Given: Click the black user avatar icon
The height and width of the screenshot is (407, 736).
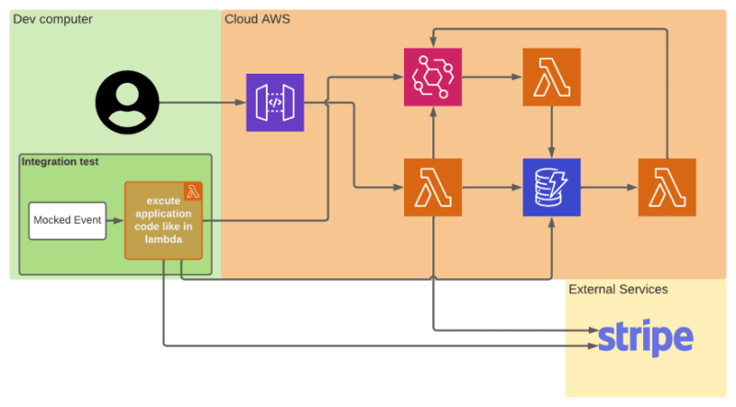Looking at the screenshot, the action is click(127, 102).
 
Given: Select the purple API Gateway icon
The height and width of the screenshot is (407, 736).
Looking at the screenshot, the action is click(275, 102).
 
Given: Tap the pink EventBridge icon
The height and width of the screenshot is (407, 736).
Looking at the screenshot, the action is click(432, 77).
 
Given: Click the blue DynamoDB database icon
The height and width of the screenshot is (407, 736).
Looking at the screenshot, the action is click(551, 188).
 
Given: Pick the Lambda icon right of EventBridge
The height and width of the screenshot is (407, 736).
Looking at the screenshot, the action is click(551, 77).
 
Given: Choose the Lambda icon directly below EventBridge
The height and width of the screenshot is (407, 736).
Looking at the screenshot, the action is click(432, 188).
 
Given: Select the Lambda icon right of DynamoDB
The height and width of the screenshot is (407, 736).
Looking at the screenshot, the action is click(667, 188).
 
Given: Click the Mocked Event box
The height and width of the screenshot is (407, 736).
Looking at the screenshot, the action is click(67, 221).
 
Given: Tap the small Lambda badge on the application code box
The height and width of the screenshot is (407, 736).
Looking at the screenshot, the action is click(193, 192).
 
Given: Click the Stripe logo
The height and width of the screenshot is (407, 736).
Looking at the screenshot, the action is click(646, 338).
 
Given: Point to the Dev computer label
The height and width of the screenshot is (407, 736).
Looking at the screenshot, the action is click(52, 19).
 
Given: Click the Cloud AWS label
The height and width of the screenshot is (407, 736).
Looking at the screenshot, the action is click(258, 19).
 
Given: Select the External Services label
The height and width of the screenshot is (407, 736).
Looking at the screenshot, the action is click(618, 289).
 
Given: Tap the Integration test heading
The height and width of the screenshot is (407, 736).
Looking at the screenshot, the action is click(60, 162).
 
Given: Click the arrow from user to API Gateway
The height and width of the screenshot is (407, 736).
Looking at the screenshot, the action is click(202, 102).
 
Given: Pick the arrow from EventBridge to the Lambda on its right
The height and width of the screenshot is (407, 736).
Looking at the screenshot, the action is click(492, 77).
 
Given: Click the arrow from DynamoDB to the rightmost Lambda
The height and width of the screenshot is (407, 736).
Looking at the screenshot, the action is click(609, 188).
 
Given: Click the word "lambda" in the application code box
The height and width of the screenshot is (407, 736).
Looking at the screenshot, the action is click(164, 239).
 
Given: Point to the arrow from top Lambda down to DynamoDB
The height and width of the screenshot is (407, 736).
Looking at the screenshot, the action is click(551, 132).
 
